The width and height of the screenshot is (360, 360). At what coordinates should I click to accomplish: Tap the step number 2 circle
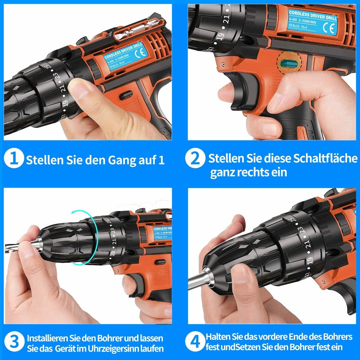pos(195,158)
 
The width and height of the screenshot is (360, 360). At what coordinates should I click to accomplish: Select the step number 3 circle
pos(14,342)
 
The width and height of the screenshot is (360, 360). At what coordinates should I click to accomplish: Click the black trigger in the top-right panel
pos(240,90)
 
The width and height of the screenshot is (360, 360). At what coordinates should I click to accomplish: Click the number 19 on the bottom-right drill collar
pos(310,261)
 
